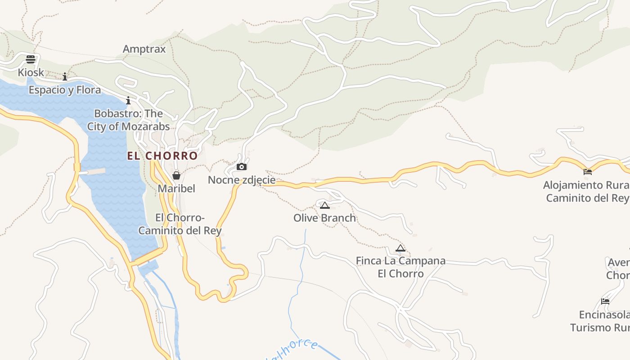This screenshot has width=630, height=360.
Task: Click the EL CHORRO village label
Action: click(x=162, y=156)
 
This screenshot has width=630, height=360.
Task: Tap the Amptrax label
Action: click(x=144, y=49)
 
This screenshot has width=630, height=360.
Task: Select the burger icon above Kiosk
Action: click(x=31, y=59)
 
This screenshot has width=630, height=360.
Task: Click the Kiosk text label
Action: click(x=31, y=72)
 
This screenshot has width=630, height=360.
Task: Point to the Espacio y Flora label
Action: click(x=65, y=90)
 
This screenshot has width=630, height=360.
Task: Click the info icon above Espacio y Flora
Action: click(x=65, y=76)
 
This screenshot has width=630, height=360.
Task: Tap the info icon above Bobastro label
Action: click(x=128, y=100)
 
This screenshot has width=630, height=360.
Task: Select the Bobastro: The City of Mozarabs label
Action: click(x=129, y=120)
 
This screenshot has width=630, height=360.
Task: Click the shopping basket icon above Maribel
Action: click(x=176, y=175)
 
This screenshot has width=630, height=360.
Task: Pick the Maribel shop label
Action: click(x=176, y=188)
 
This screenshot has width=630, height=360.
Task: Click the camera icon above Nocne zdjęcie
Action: click(x=242, y=167)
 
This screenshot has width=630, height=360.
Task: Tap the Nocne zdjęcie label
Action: click(x=242, y=180)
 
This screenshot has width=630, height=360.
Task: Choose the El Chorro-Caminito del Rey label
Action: click(x=180, y=224)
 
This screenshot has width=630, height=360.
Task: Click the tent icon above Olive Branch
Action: click(x=325, y=205)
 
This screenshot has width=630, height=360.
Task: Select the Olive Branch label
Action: click(x=325, y=218)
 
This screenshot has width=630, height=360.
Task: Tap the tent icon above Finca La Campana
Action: click(x=400, y=248)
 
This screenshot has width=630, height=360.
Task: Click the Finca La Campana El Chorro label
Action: click(x=400, y=267)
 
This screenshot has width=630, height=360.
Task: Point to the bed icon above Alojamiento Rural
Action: click(x=588, y=171)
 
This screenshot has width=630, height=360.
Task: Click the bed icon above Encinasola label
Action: click(x=605, y=301)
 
